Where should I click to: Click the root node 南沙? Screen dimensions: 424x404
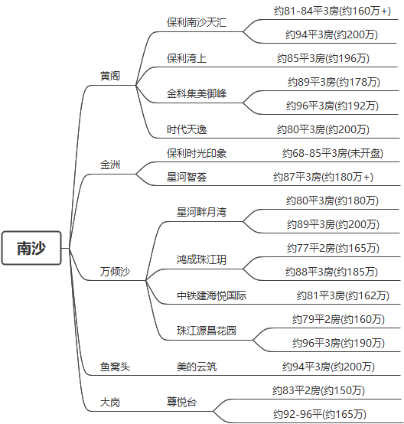(31, 248)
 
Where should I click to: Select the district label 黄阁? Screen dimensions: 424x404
(110, 76)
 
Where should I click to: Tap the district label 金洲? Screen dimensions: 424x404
(110, 165)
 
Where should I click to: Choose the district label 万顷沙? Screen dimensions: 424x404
(115, 272)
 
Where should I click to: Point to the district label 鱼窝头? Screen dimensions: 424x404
(115, 367)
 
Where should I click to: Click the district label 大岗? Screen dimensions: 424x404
(110, 402)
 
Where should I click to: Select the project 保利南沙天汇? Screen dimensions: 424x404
(197, 22)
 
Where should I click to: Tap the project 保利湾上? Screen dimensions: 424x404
(187, 57)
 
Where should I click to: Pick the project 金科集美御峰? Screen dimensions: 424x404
(197, 93)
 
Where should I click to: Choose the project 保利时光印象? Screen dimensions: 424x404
(197, 153)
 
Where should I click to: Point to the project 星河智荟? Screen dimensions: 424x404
(187, 177)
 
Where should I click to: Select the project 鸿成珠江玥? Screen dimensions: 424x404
(201, 260)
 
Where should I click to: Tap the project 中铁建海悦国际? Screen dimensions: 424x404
(211, 295)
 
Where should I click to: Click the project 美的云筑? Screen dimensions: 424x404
(197, 367)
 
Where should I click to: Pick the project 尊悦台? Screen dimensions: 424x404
(182, 402)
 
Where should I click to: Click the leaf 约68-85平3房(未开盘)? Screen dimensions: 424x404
(333, 153)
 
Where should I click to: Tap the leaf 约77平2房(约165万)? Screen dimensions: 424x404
(333, 248)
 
